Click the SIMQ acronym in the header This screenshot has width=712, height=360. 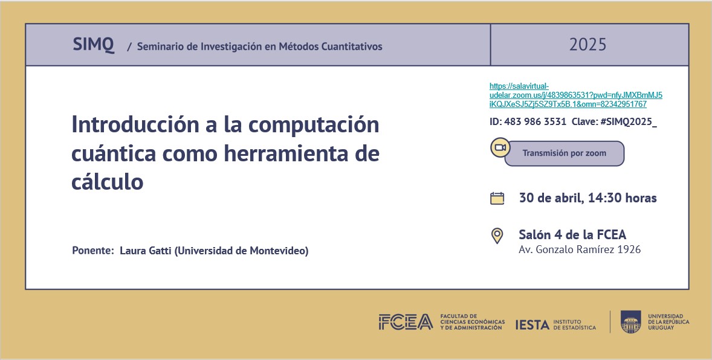tap(93, 45)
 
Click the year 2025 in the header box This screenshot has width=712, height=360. tap(587, 45)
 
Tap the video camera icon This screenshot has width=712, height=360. tap(500, 148)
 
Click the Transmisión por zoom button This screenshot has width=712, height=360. tap(564, 153)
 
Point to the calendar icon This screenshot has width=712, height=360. tap(497, 198)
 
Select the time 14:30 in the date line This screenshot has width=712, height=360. tap(606, 198)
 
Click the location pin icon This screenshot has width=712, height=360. tap(497, 236)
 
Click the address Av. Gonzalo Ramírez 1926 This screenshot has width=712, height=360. tap(580, 249)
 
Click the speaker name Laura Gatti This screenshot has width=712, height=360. tap(146, 251)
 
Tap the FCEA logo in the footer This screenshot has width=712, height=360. tap(406, 323)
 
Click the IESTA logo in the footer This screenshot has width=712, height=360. tap(532, 325)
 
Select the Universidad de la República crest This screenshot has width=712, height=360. tap(630, 321)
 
